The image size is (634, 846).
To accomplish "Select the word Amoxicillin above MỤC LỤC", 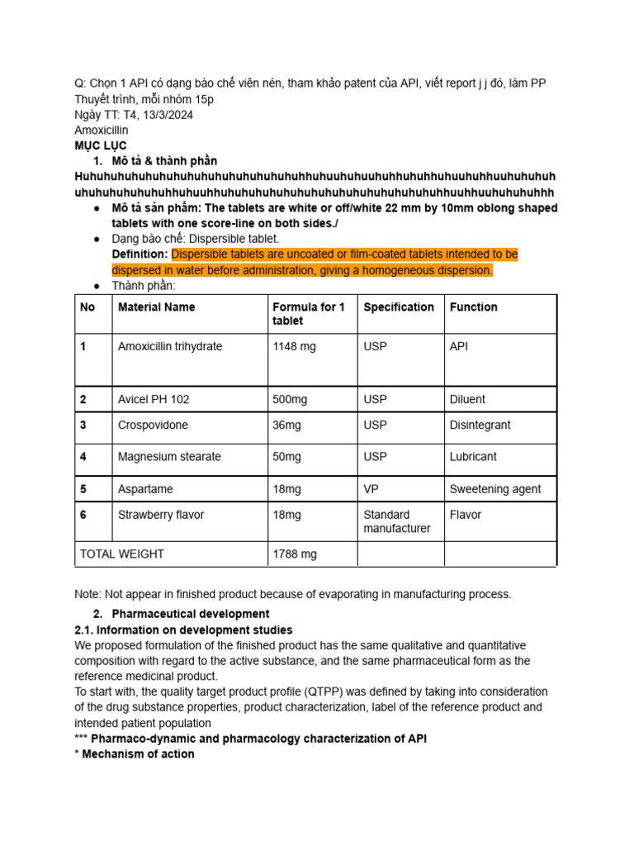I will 102,131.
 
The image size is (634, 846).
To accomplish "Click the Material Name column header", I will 157,307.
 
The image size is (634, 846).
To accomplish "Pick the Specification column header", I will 399,307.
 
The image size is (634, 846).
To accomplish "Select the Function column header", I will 474,307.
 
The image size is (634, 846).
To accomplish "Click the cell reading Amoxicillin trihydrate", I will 170,347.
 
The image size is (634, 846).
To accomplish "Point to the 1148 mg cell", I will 294,347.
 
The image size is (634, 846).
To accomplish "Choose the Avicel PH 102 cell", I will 154,400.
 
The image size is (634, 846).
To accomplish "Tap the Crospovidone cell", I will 153,425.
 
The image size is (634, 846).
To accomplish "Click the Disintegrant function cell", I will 480,425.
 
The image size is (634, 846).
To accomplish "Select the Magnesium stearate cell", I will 169,457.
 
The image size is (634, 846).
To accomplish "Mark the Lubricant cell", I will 473,457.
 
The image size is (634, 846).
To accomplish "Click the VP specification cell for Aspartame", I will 371,489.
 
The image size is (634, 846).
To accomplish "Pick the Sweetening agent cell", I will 495,489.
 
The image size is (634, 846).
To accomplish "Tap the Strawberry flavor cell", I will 161,516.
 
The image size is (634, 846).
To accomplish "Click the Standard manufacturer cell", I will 397,521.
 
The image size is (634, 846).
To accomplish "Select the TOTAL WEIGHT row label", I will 121,554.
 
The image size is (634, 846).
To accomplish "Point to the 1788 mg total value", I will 295,554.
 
